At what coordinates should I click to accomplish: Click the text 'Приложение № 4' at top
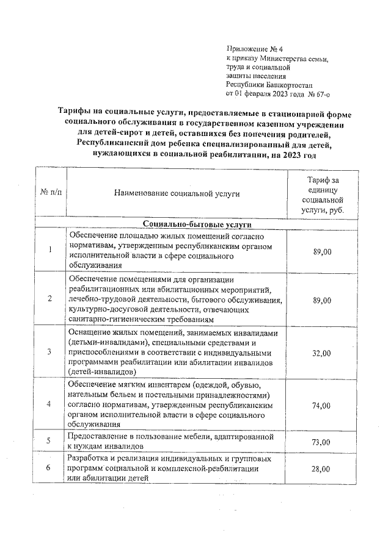pos(251,49)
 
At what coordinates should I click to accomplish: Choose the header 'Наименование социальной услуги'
pos(177,193)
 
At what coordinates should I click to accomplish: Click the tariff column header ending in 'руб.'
pos(323,194)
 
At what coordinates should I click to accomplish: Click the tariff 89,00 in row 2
pos(322,301)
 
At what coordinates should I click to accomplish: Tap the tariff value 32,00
pos(322,353)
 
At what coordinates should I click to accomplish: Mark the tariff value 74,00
pos(322,406)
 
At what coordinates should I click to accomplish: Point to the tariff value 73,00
pos(322,442)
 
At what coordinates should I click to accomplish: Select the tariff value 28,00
pos(322,468)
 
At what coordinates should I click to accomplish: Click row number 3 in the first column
pos(49,353)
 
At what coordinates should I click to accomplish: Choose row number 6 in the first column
pos(49,468)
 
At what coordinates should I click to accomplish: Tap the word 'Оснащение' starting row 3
pos(90,334)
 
